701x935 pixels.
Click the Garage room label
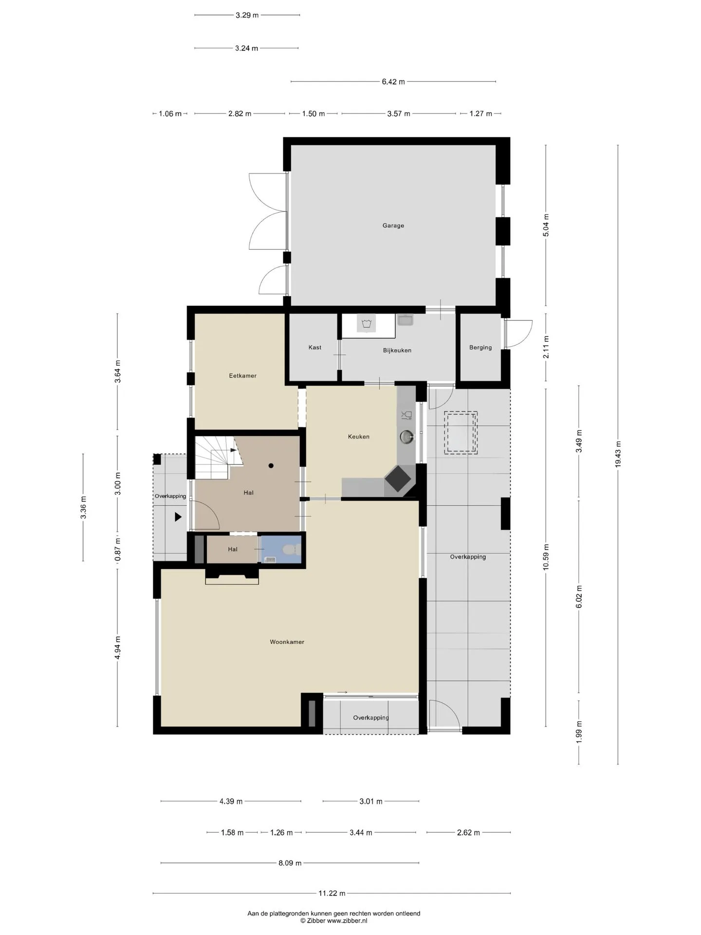[x=393, y=225]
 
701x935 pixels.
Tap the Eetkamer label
[x=242, y=375]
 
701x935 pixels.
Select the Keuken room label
[x=358, y=436]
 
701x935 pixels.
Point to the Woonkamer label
[x=287, y=642]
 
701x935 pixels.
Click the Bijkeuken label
[x=397, y=350]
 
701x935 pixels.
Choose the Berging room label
[x=480, y=347]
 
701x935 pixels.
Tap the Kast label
[x=314, y=347]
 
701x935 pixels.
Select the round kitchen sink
[x=407, y=437]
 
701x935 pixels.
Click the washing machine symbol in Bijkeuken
[x=367, y=323]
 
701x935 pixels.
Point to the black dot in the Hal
[x=271, y=466]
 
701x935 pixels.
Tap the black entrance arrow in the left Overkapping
[x=178, y=517]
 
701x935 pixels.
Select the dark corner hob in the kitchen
[x=400, y=480]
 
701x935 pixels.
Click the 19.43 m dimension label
[x=618, y=454]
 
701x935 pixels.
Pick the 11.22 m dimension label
[x=332, y=893]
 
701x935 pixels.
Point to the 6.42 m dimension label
[x=393, y=82]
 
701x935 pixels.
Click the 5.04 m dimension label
[x=546, y=225]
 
